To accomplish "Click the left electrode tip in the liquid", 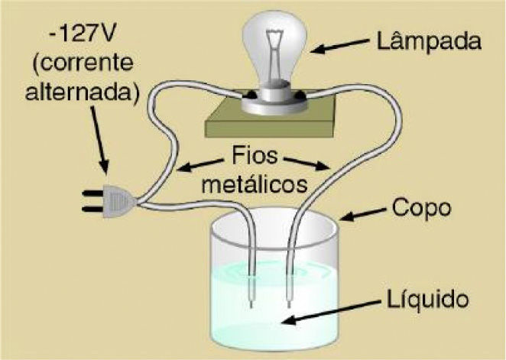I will pyautogui.click(x=251, y=302).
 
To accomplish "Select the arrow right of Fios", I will pyautogui.click(x=310, y=165).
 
